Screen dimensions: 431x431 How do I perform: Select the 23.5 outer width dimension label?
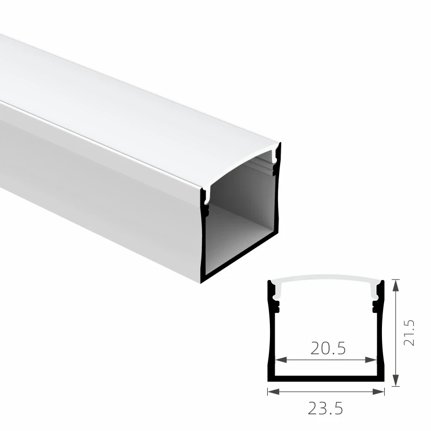click(325, 409)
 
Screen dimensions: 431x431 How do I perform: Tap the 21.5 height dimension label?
click(409, 333)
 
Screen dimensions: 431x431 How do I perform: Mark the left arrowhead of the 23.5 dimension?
click(272, 392)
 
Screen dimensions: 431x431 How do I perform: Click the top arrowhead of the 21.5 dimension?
click(397, 283)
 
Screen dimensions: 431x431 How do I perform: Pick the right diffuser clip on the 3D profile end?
click(277, 156)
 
